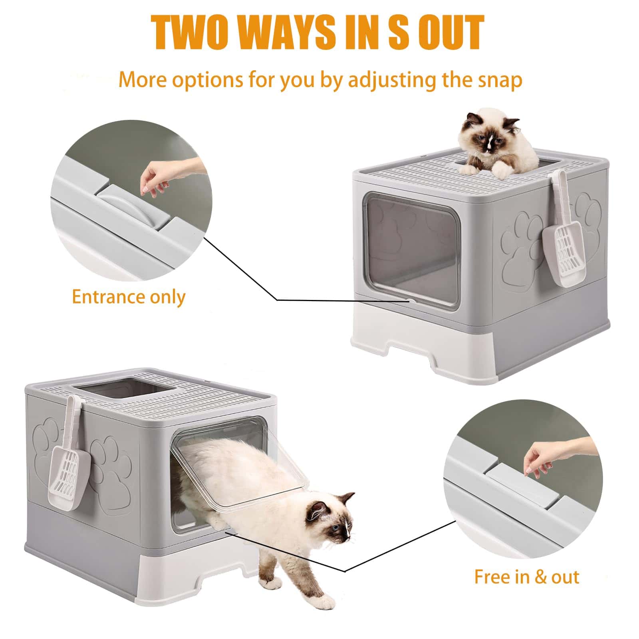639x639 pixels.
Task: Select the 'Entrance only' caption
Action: (x=129, y=297)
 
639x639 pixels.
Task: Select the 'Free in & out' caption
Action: (x=526, y=577)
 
